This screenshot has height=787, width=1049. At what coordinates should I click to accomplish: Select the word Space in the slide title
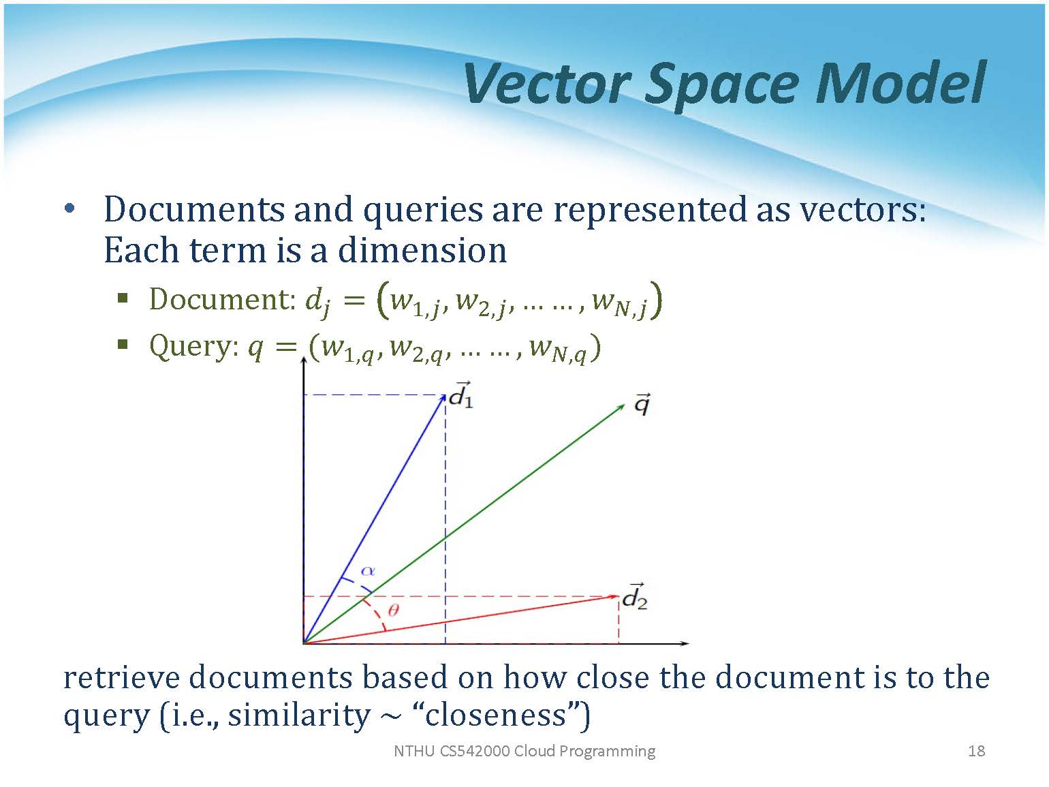721,89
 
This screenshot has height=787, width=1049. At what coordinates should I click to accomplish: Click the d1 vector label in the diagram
460,395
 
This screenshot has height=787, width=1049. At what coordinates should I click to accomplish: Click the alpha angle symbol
368,570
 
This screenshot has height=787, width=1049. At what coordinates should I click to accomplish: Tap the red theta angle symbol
393,611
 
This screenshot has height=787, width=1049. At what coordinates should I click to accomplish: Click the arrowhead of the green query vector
621,407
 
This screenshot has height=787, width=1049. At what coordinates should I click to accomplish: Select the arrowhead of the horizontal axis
685,643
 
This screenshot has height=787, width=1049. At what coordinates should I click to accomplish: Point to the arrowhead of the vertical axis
304,360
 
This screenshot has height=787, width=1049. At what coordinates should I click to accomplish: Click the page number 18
976,751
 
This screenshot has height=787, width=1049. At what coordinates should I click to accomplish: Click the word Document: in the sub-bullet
222,300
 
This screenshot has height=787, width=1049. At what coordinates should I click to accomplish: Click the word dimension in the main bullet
422,250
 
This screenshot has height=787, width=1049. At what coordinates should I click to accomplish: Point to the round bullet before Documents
69,209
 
